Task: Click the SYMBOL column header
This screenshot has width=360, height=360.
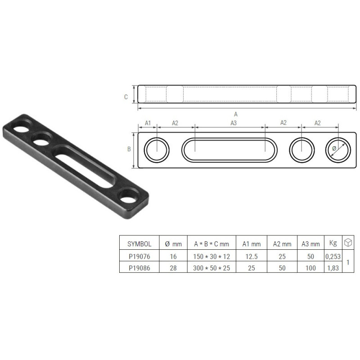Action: pyautogui.click(x=139, y=244)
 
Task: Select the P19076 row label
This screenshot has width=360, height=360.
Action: pyautogui.click(x=139, y=256)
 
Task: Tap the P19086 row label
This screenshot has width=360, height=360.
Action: pyautogui.click(x=139, y=267)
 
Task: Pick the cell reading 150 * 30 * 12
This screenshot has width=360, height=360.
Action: pyautogui.click(x=211, y=256)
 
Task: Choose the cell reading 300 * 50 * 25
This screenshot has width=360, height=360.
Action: pyautogui.click(x=211, y=267)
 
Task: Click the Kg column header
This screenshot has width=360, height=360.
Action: pyautogui.click(x=333, y=243)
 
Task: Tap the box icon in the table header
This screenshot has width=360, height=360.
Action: pyautogui.click(x=347, y=243)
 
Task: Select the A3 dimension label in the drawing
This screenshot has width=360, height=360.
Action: pyautogui.click(x=233, y=122)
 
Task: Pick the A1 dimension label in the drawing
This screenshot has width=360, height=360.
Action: pyautogui.click(x=148, y=122)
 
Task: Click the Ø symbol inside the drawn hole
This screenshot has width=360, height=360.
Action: pyautogui.click(x=334, y=148)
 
